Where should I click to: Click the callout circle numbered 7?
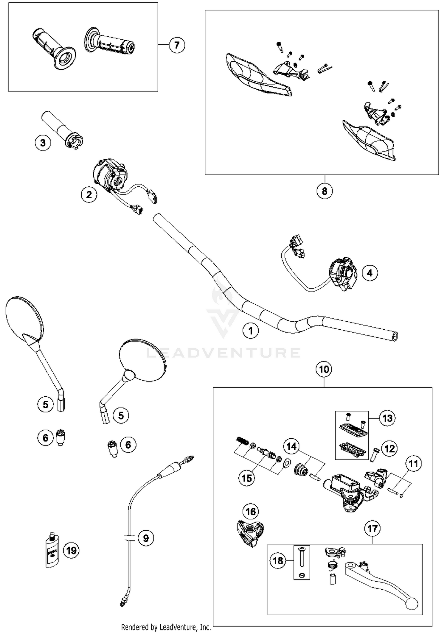point(177,45)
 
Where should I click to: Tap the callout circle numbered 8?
point(325,191)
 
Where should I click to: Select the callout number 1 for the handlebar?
point(251,331)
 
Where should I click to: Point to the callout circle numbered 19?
point(71,550)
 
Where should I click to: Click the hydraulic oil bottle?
point(52,551)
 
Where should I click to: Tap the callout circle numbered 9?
point(146,538)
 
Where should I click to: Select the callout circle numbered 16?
point(251,512)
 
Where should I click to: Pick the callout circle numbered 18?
point(278,561)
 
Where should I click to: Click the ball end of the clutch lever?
point(412,604)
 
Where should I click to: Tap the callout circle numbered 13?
point(387,418)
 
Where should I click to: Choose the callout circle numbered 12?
point(389,448)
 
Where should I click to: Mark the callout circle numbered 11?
point(413,464)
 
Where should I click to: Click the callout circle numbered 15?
point(246,478)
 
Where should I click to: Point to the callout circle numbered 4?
point(370,273)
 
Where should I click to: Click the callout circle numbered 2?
point(89,195)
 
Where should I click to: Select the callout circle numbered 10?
point(324,370)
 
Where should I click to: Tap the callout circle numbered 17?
point(372,529)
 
